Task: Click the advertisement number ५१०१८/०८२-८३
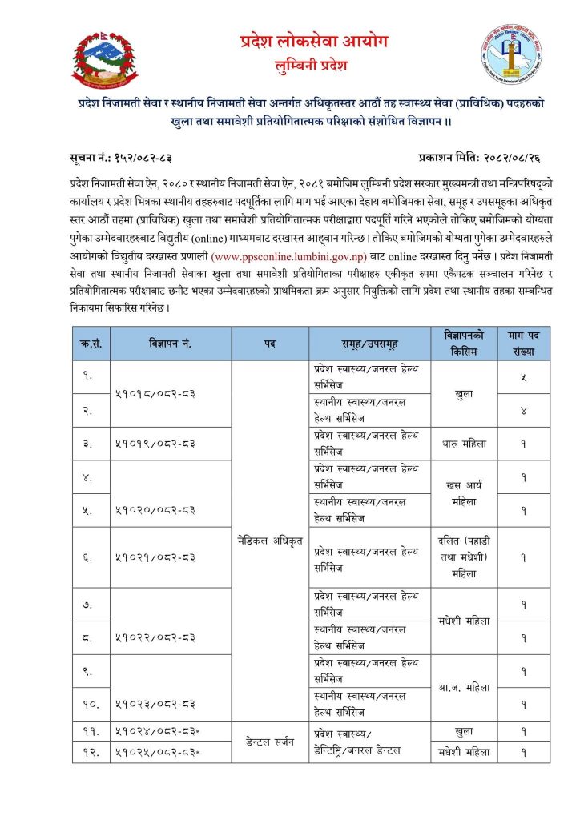pyautogui.click(x=155, y=393)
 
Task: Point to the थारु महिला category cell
pyautogui.click(x=464, y=443)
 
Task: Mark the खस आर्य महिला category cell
pyautogui.click(x=464, y=492)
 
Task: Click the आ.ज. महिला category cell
pyautogui.click(x=464, y=687)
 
